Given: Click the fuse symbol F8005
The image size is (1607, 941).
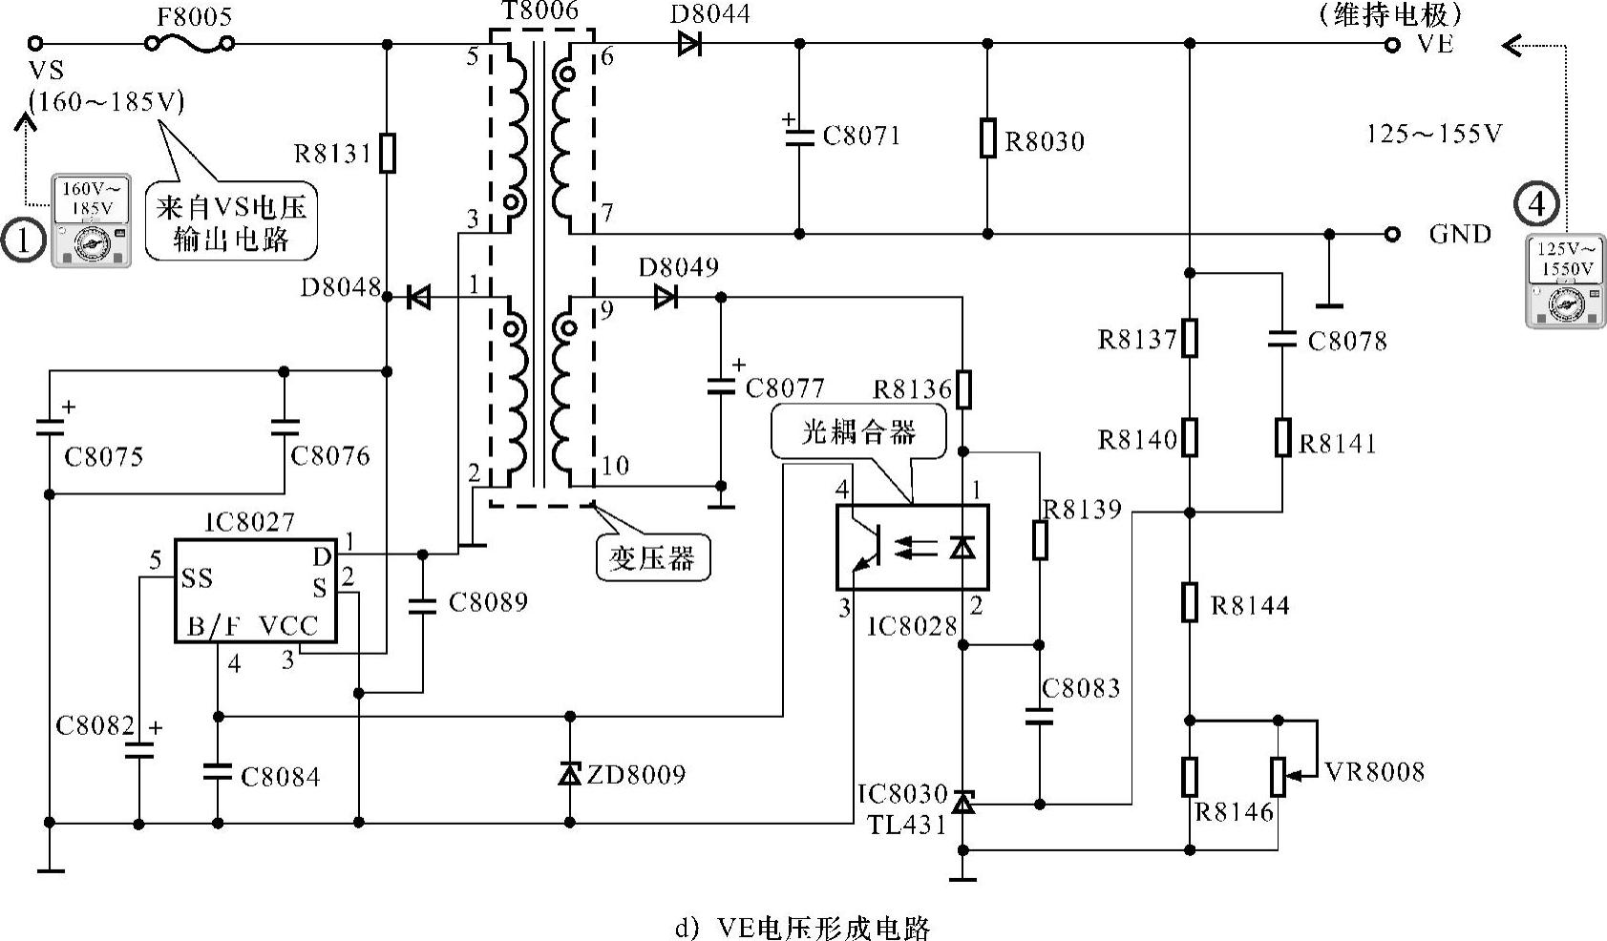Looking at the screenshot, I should coord(189,43).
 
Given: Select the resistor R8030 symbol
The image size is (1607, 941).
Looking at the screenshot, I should coord(987,137).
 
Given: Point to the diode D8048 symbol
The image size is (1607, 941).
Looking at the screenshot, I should coord(418,298).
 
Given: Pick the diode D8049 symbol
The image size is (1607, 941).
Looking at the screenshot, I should coord(666,298).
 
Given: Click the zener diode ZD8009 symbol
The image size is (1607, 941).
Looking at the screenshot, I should coord(570,773).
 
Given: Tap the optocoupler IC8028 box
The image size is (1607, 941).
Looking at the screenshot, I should coord(912,548).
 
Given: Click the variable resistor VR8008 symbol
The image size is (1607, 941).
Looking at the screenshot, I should coord(1278,776).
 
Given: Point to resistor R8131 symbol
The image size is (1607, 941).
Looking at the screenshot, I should coord(387,153).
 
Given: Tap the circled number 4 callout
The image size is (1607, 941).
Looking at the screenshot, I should coord(1536,203).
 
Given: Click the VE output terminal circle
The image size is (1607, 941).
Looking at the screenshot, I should coord(1392,44).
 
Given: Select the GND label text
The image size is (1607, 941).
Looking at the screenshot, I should coord(1460,234).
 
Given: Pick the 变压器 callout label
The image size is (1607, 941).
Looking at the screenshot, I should coord(652,557).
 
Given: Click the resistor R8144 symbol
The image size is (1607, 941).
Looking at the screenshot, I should coord(1189,602).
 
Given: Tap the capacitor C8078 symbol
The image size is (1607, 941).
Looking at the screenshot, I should coord(1281,338).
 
